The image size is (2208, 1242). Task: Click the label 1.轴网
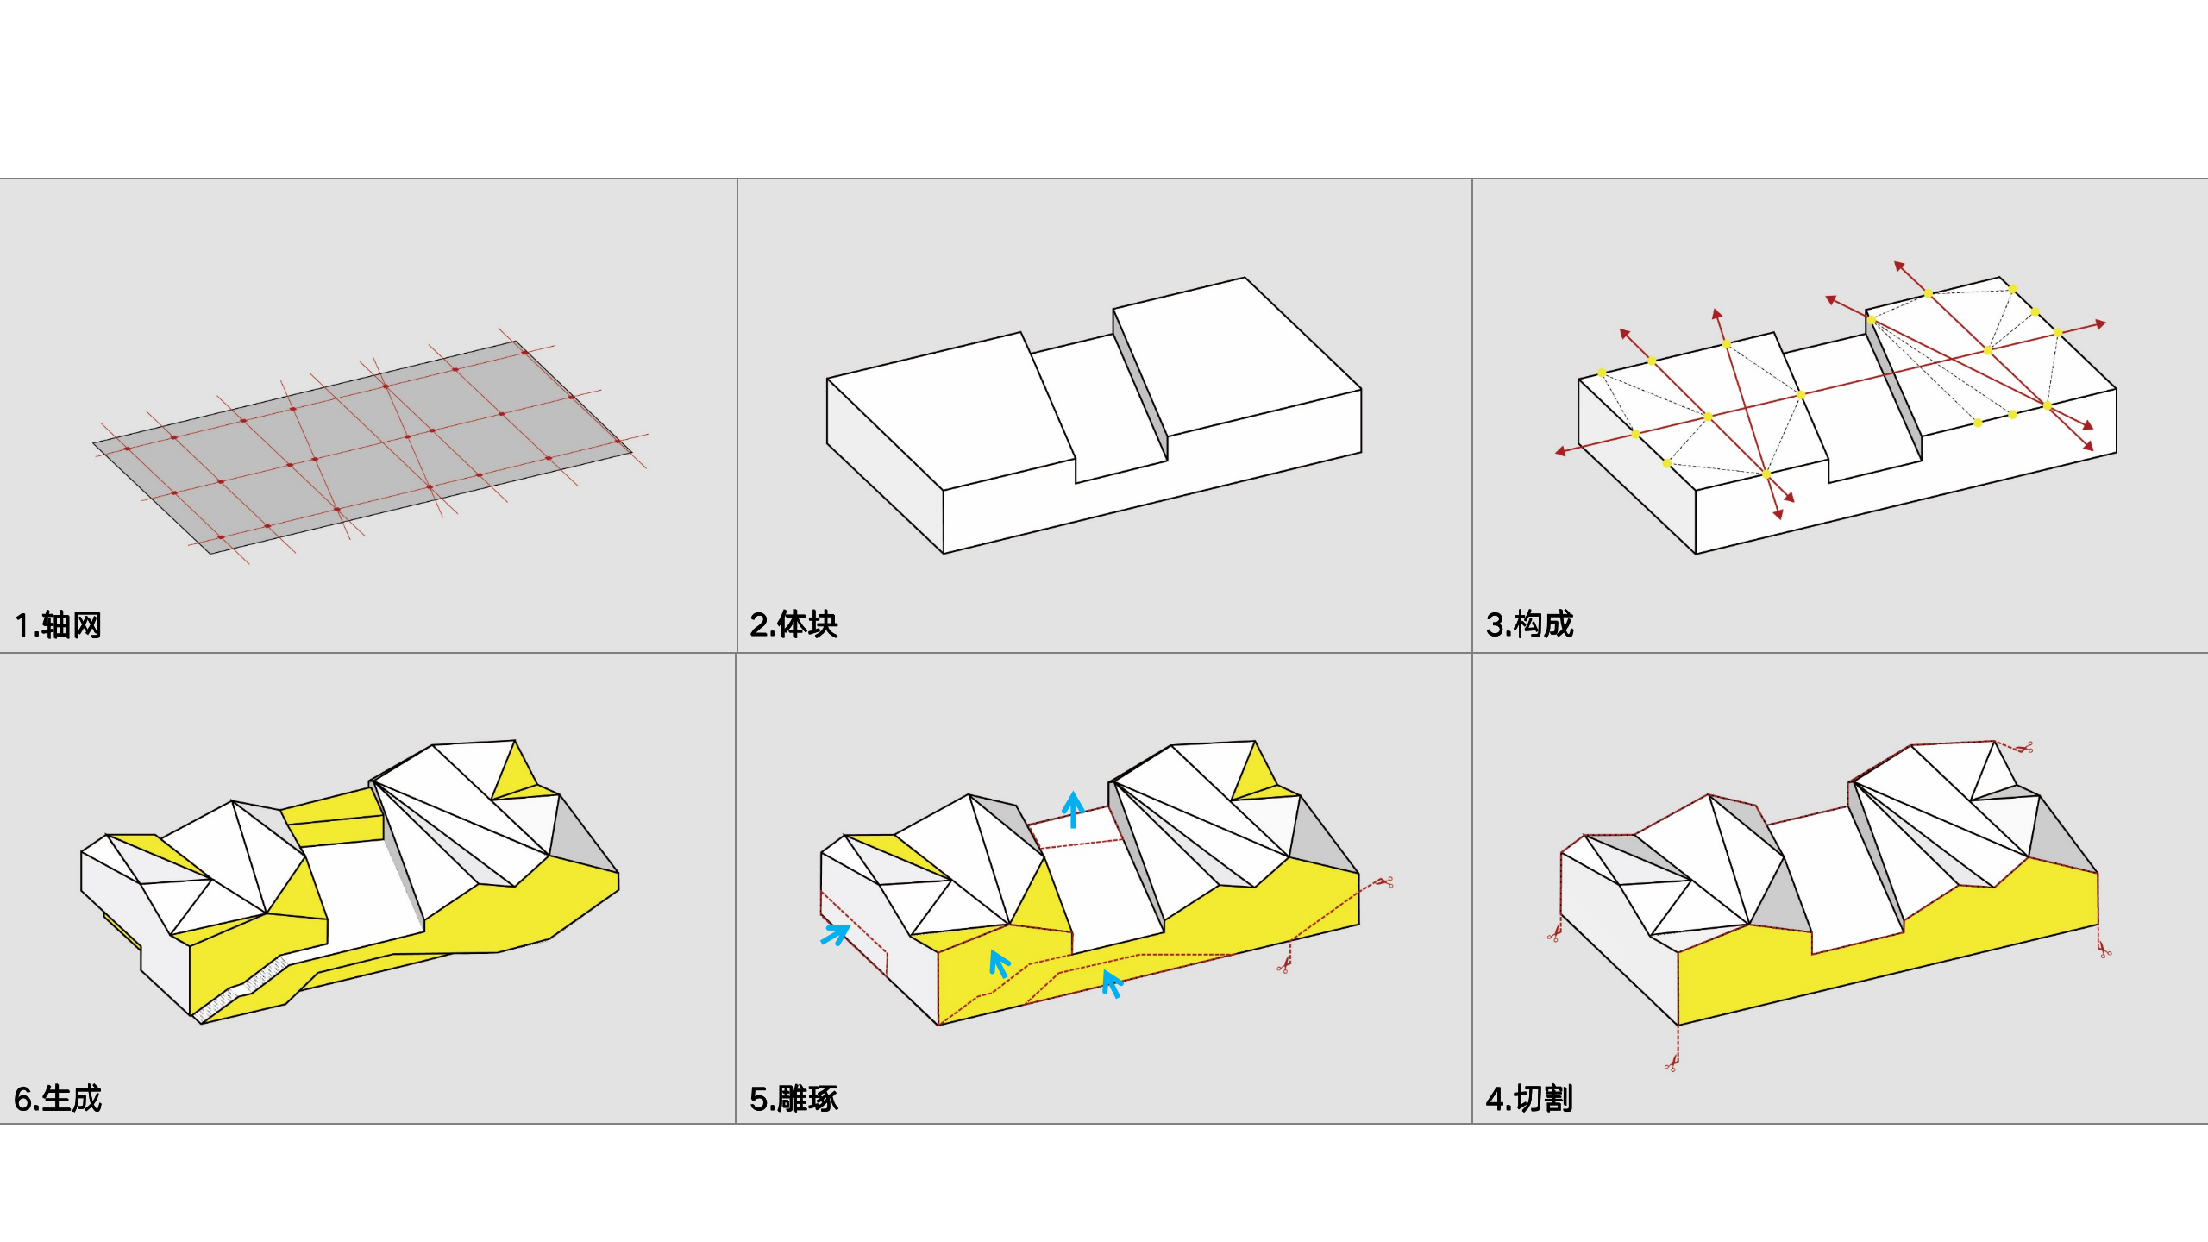[58, 624]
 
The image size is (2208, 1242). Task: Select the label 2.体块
[793, 624]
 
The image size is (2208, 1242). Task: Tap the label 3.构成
[1529, 624]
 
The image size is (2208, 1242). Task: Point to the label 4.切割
[1529, 1099]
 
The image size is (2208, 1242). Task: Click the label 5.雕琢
[793, 1099]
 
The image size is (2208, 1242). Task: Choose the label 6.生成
[58, 1099]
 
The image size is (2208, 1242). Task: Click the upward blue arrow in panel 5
[1073, 809]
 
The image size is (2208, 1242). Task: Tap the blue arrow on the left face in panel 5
[835, 935]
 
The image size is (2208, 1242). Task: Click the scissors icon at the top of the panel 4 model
[2023, 747]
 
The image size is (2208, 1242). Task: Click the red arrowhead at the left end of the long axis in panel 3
[1560, 451]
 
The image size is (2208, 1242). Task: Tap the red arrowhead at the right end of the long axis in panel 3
[2101, 324]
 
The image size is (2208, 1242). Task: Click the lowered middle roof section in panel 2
[1097, 405]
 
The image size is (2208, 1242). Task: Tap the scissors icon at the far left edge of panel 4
[1554, 933]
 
